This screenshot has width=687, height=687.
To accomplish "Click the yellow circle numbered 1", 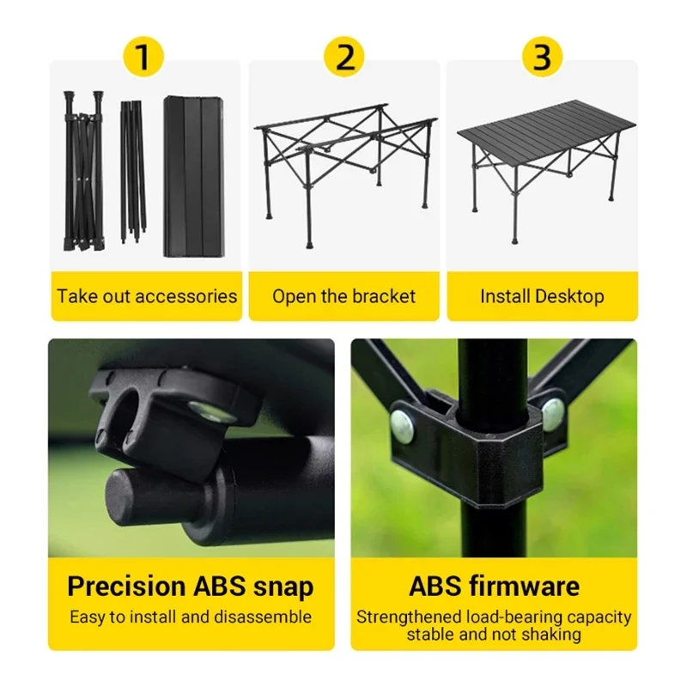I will (x=143, y=58).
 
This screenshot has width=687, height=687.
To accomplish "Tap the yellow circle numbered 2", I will (x=343, y=58).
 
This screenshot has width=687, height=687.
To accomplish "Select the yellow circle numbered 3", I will (x=542, y=58).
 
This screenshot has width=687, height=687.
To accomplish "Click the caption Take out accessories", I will (x=147, y=296).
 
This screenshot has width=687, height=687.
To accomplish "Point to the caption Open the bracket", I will (x=343, y=296).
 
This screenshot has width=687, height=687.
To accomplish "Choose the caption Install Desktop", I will (x=542, y=296).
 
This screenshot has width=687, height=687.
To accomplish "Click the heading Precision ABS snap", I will (x=191, y=587).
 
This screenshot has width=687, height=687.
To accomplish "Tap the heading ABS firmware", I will (x=494, y=587).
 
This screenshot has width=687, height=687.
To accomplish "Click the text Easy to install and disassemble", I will (x=191, y=617).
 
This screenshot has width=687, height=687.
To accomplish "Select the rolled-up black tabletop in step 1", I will (x=194, y=176).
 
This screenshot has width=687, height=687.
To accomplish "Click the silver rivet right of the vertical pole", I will (x=553, y=413).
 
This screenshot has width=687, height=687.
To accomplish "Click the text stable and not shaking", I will (x=494, y=635).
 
